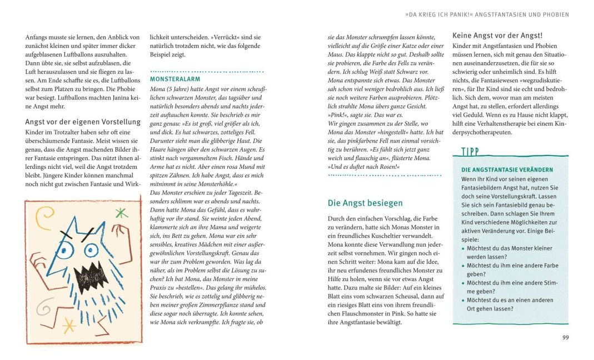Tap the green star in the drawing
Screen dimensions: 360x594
121,212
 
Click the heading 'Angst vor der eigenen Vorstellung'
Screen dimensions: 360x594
83,122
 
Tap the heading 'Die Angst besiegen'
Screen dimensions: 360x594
365,203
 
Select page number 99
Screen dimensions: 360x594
565,337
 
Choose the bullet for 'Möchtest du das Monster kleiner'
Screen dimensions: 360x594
464,249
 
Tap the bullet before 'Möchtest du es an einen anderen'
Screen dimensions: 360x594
464,300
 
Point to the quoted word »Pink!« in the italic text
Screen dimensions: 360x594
338,114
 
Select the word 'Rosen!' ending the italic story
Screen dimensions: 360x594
385,167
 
